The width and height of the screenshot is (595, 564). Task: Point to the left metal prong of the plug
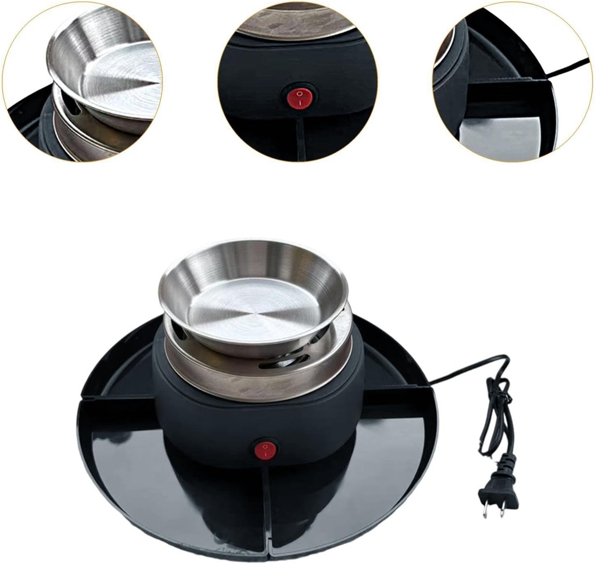485,509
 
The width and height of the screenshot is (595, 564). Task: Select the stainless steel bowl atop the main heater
254,296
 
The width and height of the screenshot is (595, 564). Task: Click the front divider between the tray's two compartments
266,511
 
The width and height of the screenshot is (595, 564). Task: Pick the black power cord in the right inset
569,68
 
